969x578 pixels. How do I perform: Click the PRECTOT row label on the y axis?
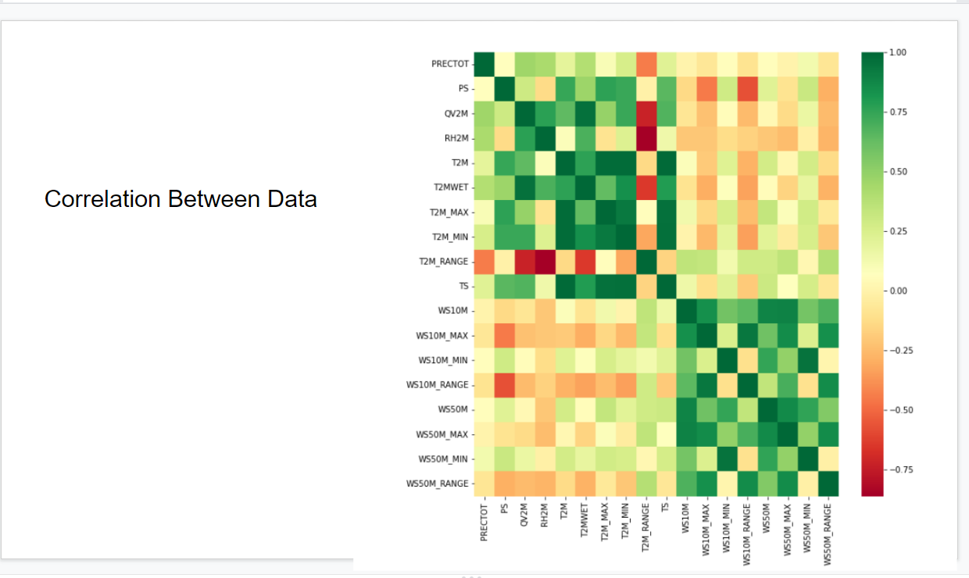(449, 64)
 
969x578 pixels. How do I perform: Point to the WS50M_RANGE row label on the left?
(438, 483)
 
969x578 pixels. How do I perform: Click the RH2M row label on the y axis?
(455, 138)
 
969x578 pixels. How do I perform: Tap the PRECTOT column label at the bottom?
(484, 521)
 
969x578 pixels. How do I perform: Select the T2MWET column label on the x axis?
(584, 520)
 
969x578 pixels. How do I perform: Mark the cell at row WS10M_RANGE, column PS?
(504, 385)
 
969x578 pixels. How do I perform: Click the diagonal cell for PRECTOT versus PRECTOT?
(484, 64)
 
